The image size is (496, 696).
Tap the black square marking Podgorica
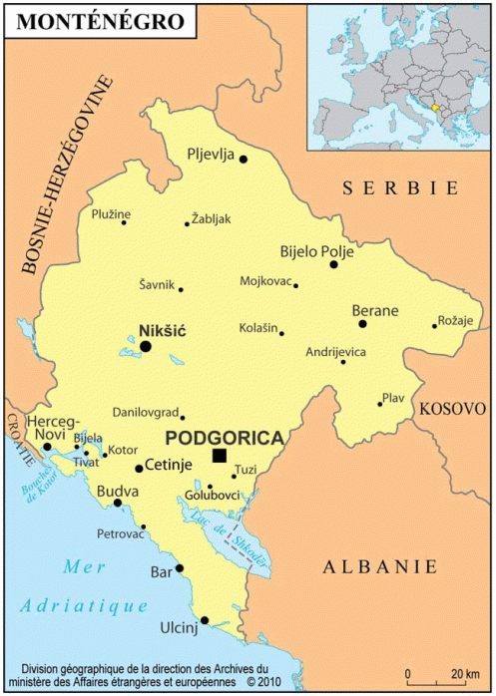(x=220, y=456)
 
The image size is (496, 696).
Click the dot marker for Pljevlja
(x=243, y=159)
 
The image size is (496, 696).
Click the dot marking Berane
(x=363, y=324)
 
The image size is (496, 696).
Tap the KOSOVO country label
(x=451, y=409)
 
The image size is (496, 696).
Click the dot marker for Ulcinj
(x=204, y=620)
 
